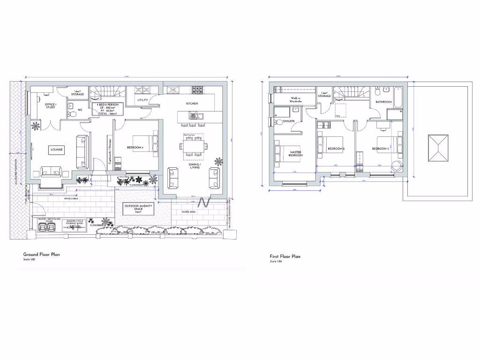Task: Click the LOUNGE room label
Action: point(56,150)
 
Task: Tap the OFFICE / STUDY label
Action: point(51,106)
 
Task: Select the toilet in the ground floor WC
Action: point(70,113)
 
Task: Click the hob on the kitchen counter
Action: point(197,89)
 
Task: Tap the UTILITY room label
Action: point(143,100)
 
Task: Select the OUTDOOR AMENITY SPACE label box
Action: point(138,209)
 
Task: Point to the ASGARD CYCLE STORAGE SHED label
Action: point(75,222)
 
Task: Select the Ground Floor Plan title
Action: point(42,255)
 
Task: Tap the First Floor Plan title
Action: point(285,256)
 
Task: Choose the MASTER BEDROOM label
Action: point(295,153)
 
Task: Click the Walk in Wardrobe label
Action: point(295,100)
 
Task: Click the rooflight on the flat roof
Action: point(438,148)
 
